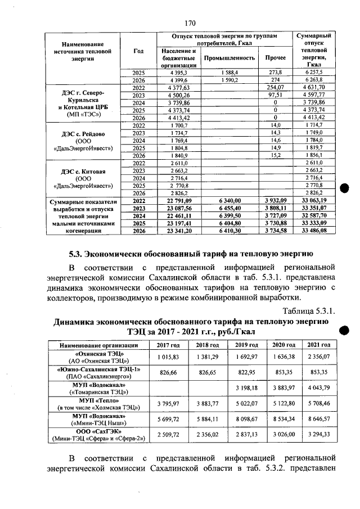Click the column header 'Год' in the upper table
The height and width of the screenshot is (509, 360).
pyautogui.click(x=138, y=51)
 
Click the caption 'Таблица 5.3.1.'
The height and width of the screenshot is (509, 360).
pyautogui.click(x=309, y=310)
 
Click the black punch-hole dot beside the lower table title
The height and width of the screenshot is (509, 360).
pyautogui.click(x=344, y=330)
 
